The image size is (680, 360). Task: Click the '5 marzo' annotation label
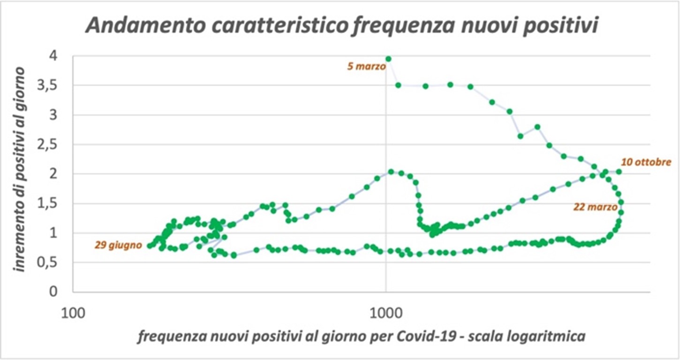point(366,67)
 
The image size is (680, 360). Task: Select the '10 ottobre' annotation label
point(646,163)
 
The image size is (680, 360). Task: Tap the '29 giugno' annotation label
point(118,245)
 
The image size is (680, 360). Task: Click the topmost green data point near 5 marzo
point(388,59)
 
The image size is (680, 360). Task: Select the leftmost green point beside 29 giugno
point(150,246)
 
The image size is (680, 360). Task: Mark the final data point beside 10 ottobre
point(619,172)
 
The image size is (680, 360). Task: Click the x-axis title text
point(361,337)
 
